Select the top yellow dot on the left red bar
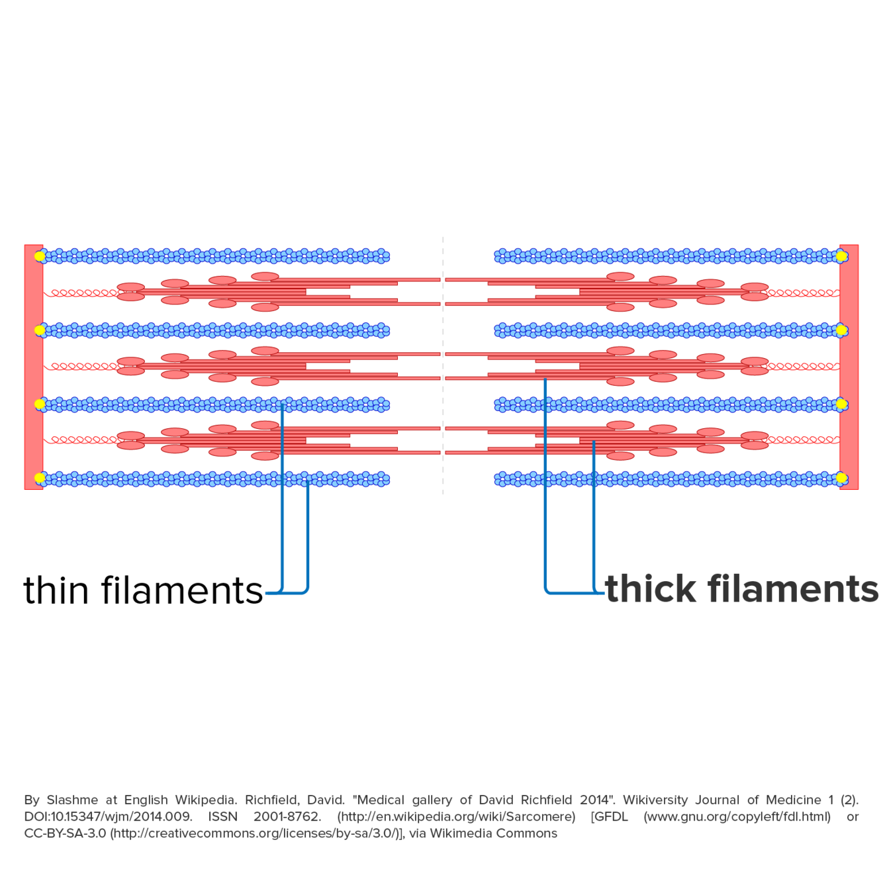(40, 256)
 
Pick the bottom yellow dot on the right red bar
(842, 478)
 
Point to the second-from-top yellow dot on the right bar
(842, 330)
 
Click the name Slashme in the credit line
(71, 800)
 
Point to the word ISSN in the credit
(222, 817)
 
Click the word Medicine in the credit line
(793, 800)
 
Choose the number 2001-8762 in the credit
(287, 817)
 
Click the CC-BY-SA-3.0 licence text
(65, 833)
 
